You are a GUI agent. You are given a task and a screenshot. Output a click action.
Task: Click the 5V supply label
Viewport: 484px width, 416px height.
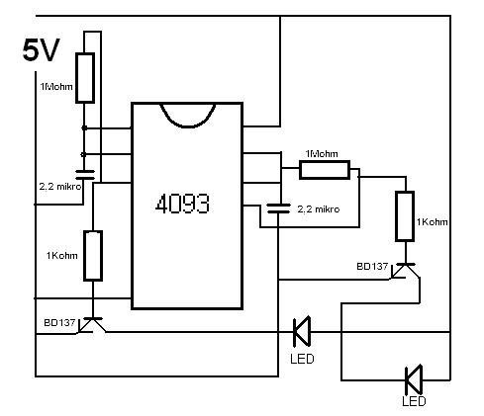(41, 50)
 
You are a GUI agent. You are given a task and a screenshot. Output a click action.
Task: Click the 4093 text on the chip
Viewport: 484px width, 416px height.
(182, 204)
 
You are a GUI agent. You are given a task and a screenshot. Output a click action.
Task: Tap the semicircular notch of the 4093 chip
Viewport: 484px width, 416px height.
(187, 117)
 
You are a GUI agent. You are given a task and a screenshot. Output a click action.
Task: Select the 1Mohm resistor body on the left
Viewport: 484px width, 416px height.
(85, 78)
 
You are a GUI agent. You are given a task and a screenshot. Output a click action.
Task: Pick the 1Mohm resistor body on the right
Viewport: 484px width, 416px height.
(325, 170)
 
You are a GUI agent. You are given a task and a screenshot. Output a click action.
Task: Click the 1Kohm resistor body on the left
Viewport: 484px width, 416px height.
(93, 256)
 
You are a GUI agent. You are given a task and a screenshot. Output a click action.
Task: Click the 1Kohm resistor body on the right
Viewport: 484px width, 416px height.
(405, 216)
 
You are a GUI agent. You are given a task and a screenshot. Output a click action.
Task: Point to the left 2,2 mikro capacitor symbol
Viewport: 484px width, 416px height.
(85, 175)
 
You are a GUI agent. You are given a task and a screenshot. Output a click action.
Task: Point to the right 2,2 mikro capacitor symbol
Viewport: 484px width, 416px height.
(278, 208)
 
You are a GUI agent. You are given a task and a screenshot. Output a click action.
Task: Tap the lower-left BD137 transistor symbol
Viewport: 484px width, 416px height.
(92, 324)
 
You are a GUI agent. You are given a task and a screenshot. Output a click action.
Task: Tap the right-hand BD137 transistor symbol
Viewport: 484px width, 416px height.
(405, 271)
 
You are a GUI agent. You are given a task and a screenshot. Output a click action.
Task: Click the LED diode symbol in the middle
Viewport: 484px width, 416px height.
(302, 331)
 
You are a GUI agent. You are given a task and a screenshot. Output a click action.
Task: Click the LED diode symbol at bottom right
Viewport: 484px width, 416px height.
(414, 379)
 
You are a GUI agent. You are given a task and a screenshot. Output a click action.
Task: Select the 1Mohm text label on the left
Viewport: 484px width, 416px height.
(56, 87)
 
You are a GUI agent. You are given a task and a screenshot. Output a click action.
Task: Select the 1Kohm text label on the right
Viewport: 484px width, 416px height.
(432, 222)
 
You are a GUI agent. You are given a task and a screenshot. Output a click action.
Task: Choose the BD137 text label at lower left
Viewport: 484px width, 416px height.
(59, 322)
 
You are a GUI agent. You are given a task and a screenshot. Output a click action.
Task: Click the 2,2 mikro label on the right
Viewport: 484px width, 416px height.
(318, 209)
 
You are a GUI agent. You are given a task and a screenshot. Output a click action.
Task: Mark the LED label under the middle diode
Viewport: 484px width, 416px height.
(302, 359)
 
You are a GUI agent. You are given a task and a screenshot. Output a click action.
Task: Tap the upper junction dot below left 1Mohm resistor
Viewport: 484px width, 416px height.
(84, 127)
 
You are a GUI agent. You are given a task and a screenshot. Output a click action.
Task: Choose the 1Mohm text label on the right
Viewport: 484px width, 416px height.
(322, 154)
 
